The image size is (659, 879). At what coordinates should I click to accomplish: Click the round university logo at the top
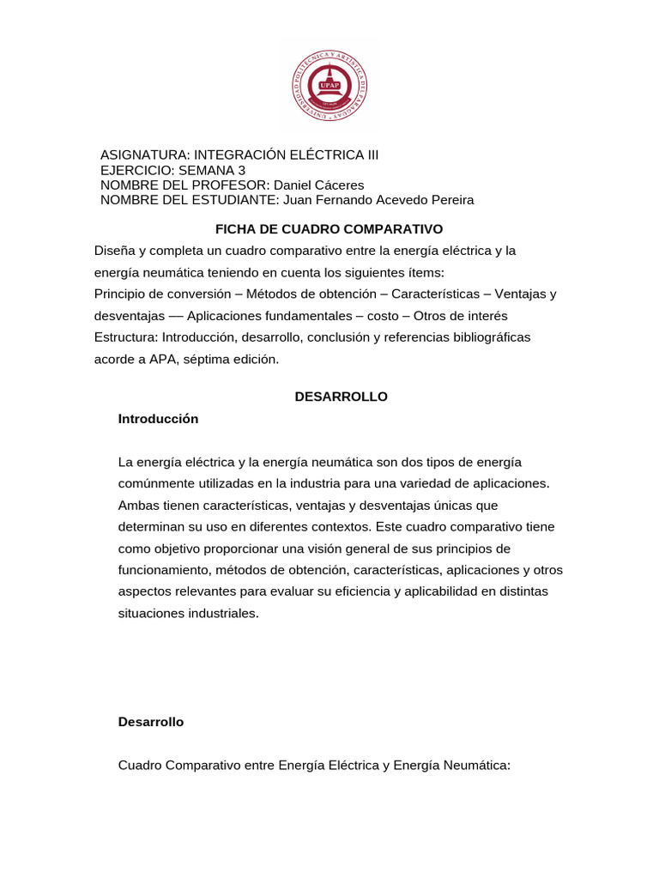click(329, 86)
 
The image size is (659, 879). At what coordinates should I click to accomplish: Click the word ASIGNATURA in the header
click(142, 155)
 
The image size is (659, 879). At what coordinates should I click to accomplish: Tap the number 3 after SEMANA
click(241, 170)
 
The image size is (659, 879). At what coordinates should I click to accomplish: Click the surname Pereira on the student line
click(447, 200)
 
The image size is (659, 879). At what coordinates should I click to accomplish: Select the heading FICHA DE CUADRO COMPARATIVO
click(329, 229)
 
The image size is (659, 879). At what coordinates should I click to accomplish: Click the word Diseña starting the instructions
click(115, 251)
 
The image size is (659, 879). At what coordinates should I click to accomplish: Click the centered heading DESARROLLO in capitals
click(342, 397)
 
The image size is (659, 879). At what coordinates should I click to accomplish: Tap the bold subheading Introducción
click(158, 419)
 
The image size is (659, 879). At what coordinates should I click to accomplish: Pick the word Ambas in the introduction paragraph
click(137, 505)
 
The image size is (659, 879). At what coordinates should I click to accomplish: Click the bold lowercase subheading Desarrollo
click(151, 722)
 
